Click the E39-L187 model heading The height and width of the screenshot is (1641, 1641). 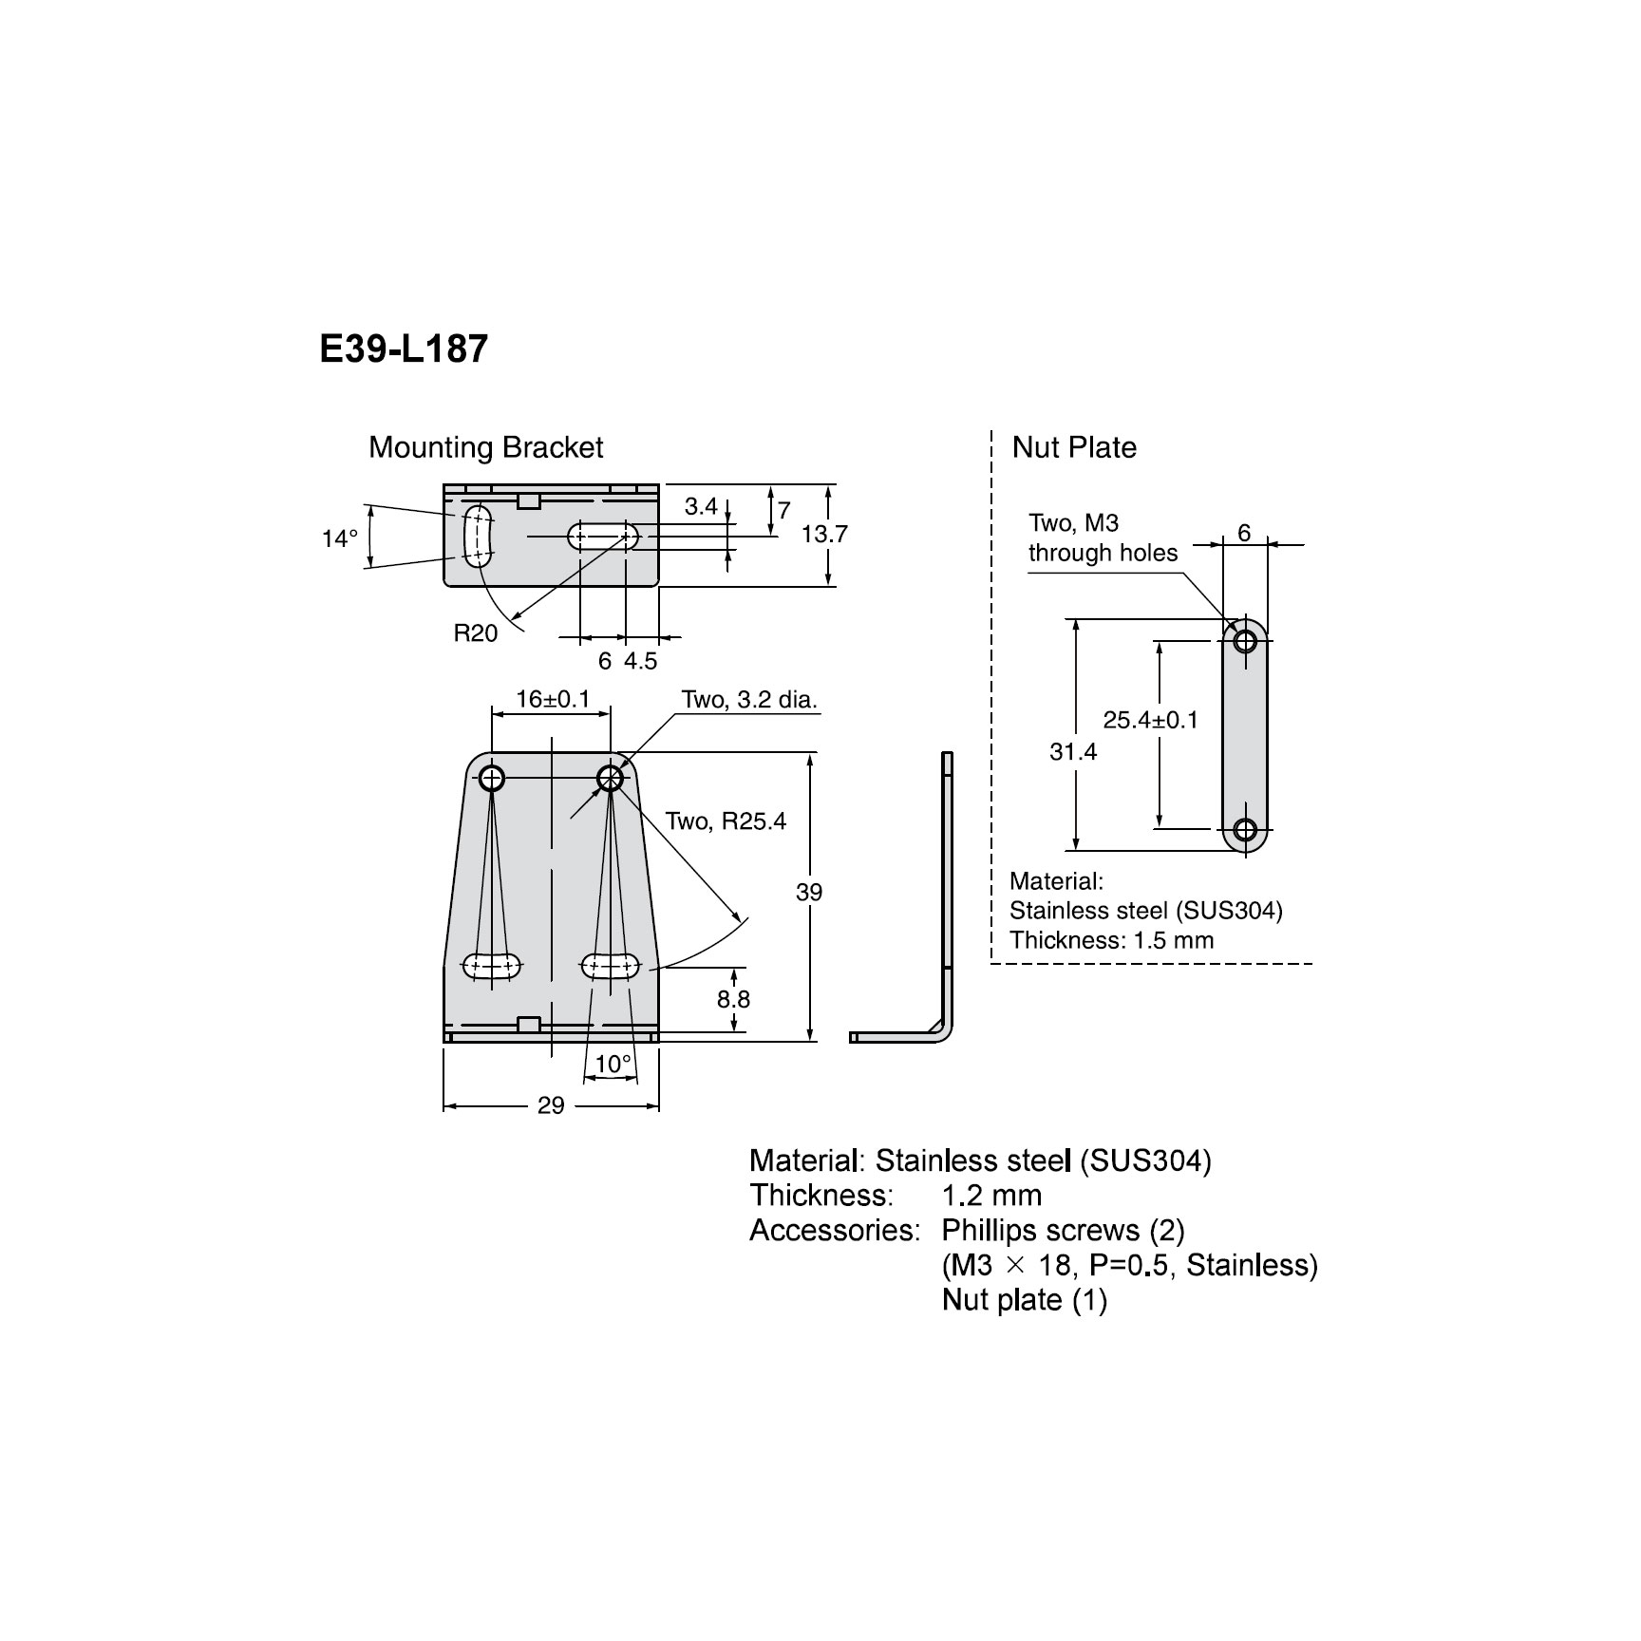pyautogui.click(x=404, y=349)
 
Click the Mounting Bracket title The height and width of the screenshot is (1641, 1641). pyautogui.click(x=485, y=447)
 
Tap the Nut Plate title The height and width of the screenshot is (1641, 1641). pyautogui.click(x=1073, y=447)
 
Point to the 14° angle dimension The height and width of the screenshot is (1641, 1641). pyautogui.click(x=339, y=538)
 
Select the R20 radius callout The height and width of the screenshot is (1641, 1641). pyautogui.click(x=475, y=633)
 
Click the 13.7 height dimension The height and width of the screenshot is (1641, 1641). pyautogui.click(x=823, y=535)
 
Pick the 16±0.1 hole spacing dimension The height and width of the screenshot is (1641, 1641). pyautogui.click(x=553, y=700)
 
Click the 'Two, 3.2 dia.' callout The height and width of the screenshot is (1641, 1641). pyautogui.click(x=749, y=700)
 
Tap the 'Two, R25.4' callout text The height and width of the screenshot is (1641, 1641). pyautogui.click(x=726, y=820)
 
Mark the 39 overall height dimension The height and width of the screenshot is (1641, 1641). pyautogui.click(x=809, y=892)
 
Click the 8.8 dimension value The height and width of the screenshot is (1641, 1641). pyautogui.click(x=733, y=999)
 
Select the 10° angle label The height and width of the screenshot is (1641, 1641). pyautogui.click(x=613, y=1064)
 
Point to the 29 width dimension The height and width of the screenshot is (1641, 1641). pyautogui.click(x=551, y=1105)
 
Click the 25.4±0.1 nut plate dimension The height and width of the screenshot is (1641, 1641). pyautogui.click(x=1150, y=720)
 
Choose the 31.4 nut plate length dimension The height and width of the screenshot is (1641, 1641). pyautogui.click(x=1073, y=752)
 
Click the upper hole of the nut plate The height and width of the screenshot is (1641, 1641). pyautogui.click(x=1245, y=641)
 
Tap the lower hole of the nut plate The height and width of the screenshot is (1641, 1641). pyautogui.click(x=1245, y=828)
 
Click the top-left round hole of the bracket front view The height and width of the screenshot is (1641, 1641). pyautogui.click(x=491, y=779)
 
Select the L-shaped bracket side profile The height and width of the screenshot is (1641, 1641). pyautogui.click(x=945, y=902)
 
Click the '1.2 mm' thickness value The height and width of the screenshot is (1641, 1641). pyautogui.click(x=991, y=1195)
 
